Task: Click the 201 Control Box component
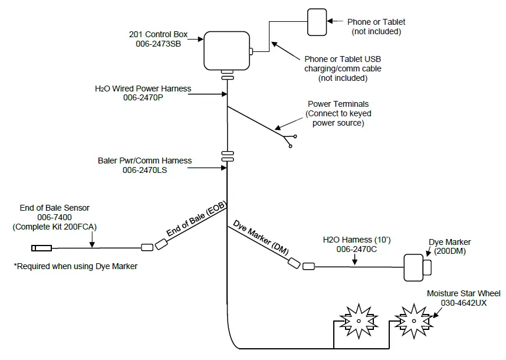click(x=226, y=50)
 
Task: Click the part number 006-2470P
click(x=143, y=98)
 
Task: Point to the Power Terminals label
click(x=339, y=104)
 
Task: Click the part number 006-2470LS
click(x=144, y=170)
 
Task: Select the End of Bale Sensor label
click(x=55, y=208)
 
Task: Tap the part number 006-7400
click(x=55, y=217)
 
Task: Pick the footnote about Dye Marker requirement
click(x=75, y=266)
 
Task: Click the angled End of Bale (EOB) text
click(x=196, y=220)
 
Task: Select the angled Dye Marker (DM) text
click(x=261, y=237)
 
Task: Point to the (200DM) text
click(x=449, y=251)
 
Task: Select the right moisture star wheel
click(x=411, y=319)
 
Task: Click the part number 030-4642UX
click(x=464, y=302)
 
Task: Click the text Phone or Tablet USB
click(x=343, y=60)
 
